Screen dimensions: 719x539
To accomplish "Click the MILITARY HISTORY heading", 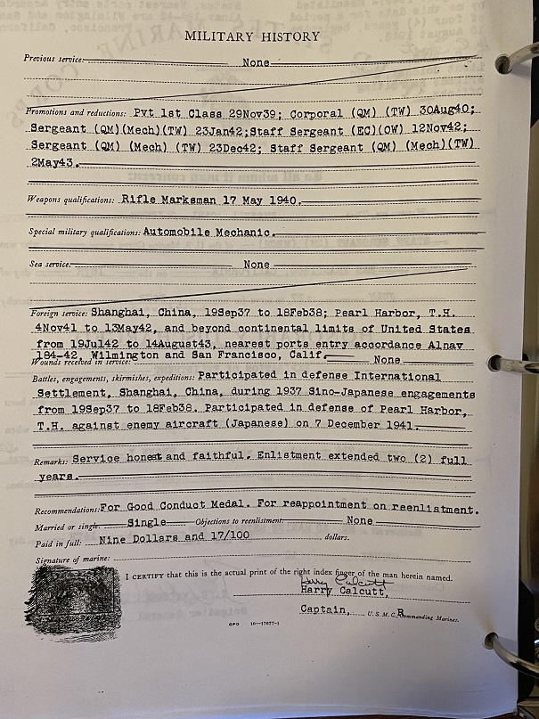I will [252, 37].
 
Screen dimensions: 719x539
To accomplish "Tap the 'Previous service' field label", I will [54, 59].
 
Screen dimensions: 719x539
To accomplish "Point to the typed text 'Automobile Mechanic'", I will [207, 232].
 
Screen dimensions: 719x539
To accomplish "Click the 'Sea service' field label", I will [49, 265].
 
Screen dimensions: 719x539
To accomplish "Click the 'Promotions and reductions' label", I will [78, 112].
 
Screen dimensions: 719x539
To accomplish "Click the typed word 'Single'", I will [147, 523].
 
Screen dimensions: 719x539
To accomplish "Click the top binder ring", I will [515, 63].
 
